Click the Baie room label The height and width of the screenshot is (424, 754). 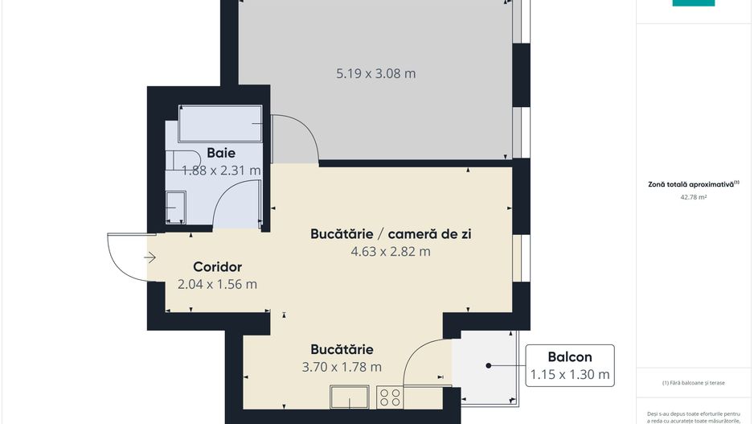coord(221,153)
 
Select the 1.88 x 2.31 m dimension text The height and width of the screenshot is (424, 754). coord(221,171)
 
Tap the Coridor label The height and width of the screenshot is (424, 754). coord(217,267)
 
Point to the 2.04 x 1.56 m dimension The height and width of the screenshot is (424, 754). coord(217,284)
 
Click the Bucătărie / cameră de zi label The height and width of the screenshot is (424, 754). coord(391,234)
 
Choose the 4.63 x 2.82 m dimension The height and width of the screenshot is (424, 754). coord(391,251)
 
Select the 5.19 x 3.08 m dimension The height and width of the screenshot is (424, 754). coord(375,74)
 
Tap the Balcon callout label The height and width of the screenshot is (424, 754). coord(570,357)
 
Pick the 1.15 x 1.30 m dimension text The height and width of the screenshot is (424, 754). coord(570,374)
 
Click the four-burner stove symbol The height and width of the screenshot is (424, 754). coord(390,397)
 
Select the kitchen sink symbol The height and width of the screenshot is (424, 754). coord(349,397)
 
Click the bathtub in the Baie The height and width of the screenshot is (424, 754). coord(220,124)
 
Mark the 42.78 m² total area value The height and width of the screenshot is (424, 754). coord(693,196)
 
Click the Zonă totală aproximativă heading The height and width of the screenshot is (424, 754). coord(693,184)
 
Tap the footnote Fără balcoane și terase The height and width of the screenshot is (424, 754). coord(693,383)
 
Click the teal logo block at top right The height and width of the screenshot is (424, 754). coord(693,3)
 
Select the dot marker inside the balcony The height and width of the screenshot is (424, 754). coord(488,366)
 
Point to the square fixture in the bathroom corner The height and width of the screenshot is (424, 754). coord(175,208)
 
